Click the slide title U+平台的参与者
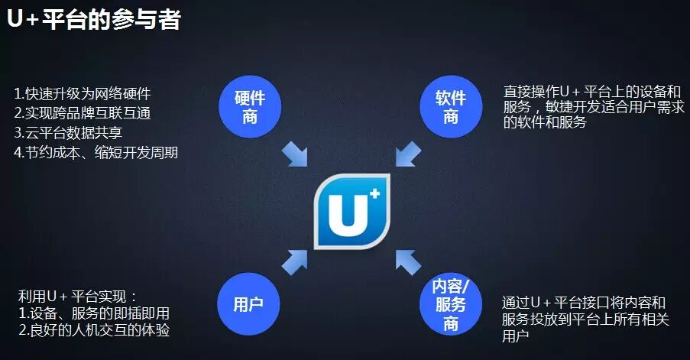[x=93, y=19]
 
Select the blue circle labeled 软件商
[x=450, y=106]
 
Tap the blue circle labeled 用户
[x=248, y=303]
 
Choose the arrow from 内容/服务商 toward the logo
[x=408, y=261]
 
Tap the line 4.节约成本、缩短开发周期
[x=96, y=152]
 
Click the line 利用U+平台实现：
[x=78, y=295]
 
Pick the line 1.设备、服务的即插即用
[x=93, y=313]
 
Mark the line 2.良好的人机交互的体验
[x=93, y=331]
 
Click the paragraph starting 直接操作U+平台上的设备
[x=592, y=106]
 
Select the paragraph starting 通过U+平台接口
[x=585, y=319]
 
